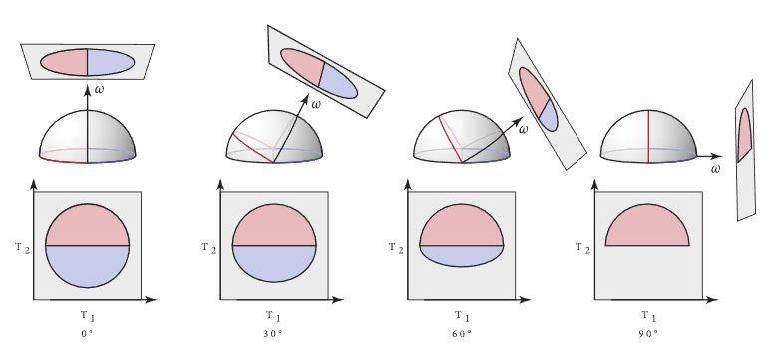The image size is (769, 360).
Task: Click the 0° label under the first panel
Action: point(87,334)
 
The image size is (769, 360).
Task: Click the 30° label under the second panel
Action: point(273,334)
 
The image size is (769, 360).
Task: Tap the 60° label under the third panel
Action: point(461,334)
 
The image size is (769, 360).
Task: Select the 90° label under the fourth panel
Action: point(648,334)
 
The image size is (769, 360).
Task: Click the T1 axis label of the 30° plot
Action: point(274,317)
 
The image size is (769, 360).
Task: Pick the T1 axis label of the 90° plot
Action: point(649,317)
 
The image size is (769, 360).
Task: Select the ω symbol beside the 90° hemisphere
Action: point(715,170)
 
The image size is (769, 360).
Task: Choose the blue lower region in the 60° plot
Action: point(461,255)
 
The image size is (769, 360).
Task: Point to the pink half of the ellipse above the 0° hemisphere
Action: point(65,62)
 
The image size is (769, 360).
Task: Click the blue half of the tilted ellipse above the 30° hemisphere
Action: point(339,82)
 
